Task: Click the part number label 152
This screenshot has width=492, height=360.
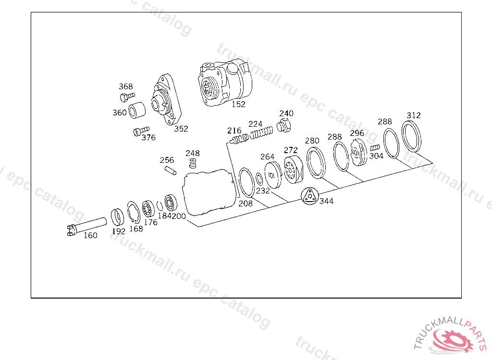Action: (x=238, y=104)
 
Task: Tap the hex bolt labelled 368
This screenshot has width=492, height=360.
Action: (x=127, y=97)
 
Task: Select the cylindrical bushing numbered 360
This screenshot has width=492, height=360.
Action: (x=137, y=110)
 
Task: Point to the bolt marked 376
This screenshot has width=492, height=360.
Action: (x=141, y=131)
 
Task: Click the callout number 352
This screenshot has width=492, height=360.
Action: (x=181, y=129)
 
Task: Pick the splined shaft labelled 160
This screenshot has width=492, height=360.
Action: (x=86, y=226)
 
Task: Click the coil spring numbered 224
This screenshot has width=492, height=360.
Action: (x=261, y=132)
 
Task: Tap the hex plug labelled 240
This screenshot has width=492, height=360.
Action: (x=283, y=126)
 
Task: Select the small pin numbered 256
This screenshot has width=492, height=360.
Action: (x=171, y=170)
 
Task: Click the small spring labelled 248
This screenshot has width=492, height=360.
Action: (x=193, y=163)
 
